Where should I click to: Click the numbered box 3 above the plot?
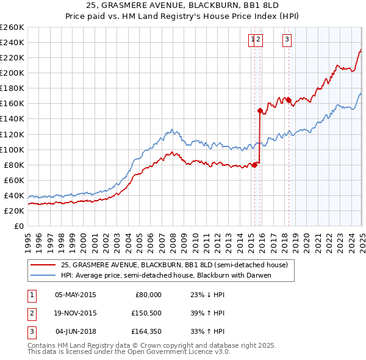[287, 40]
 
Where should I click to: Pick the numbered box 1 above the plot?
[252, 40]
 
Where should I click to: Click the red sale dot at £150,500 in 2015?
[260, 110]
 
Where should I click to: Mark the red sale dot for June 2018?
[289, 100]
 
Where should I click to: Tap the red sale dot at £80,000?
[254, 164]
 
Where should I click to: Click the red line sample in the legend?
[43, 265]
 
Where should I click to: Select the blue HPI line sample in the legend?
[43, 275]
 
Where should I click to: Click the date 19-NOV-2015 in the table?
[76, 313]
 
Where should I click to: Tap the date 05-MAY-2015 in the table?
[76, 295]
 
